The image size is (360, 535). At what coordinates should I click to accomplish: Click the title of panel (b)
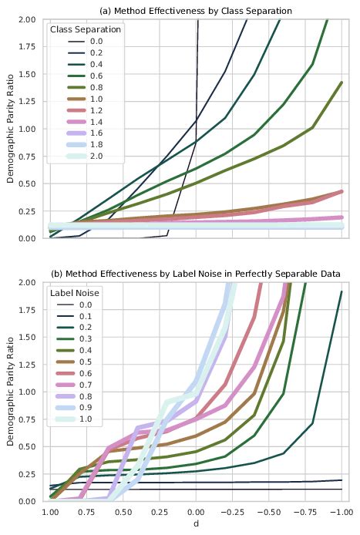[x=195, y=274]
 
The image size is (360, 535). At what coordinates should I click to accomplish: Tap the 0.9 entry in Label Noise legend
[x=88, y=409]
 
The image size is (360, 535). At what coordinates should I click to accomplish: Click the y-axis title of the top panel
[x=10, y=129]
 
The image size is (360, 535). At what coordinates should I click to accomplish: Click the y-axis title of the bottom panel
[x=10, y=392]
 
